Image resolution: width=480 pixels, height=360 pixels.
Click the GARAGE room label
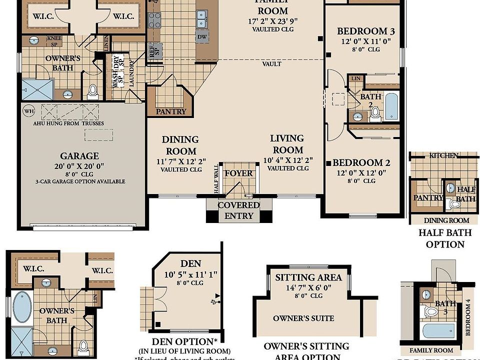(x=79, y=155)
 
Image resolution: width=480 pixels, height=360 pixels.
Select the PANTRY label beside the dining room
(x=171, y=111)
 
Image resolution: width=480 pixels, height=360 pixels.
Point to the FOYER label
(x=238, y=173)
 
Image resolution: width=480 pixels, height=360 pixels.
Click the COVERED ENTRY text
(x=238, y=210)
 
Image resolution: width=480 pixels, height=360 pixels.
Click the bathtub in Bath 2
(x=391, y=105)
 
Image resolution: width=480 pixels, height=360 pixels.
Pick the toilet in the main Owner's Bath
(x=92, y=91)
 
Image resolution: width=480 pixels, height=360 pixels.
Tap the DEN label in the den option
(x=190, y=263)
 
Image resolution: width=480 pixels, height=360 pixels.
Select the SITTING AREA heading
(x=309, y=277)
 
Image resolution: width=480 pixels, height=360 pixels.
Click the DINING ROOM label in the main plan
(x=180, y=145)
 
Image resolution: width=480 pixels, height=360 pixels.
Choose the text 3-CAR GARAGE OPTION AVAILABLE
(x=80, y=181)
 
